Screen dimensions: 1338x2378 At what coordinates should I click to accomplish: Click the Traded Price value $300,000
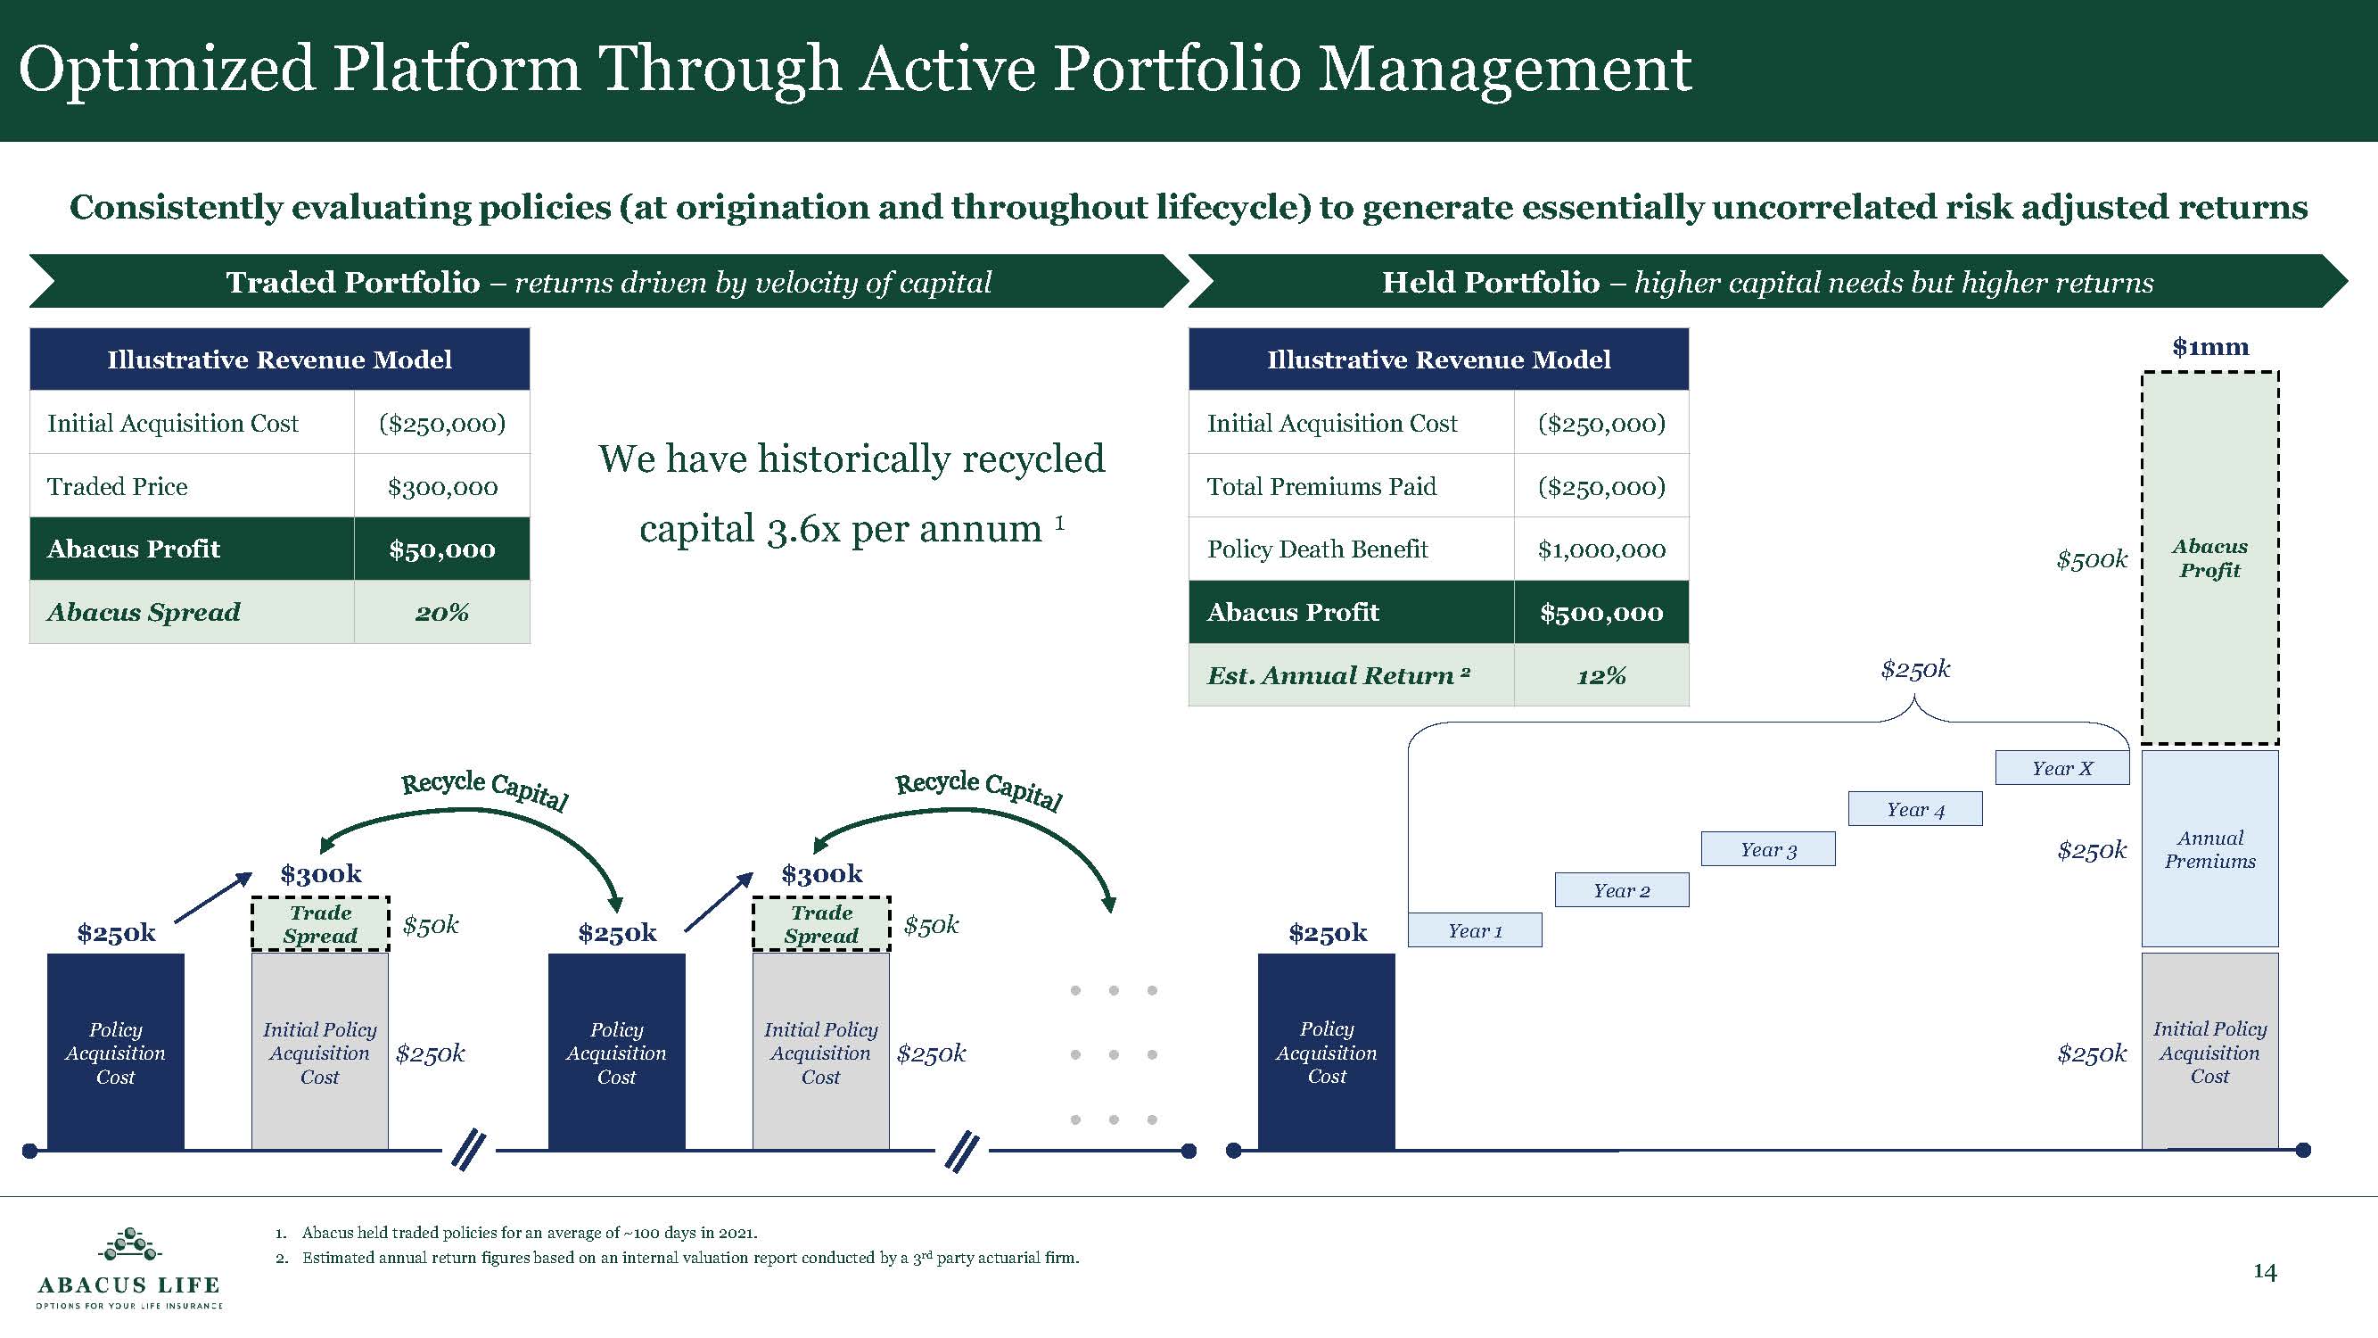click(x=442, y=487)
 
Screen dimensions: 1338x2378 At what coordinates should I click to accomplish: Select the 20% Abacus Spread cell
click(x=442, y=612)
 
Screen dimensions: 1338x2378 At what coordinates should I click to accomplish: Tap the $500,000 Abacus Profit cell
click(x=1600, y=612)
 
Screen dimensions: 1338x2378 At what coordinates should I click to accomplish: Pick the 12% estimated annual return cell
click(x=1600, y=676)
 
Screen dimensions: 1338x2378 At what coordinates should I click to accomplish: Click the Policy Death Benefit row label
click(x=1317, y=549)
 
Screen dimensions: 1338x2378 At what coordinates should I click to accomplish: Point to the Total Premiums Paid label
click(x=1321, y=487)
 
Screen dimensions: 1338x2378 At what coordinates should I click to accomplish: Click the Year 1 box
click(x=1474, y=930)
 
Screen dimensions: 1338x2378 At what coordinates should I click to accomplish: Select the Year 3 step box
click(x=1768, y=849)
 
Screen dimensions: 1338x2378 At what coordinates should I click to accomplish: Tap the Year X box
click(x=2061, y=768)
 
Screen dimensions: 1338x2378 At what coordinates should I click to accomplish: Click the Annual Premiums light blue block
click(x=2209, y=849)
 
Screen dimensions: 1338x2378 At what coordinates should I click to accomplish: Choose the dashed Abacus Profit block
click(x=2209, y=558)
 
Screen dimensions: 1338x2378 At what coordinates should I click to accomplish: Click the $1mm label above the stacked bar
click(x=2209, y=347)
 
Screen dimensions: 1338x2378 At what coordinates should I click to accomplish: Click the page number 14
click(x=2265, y=1271)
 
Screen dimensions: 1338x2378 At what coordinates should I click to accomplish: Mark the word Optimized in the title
click(x=167, y=70)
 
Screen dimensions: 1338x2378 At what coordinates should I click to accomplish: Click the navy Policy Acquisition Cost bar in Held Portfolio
click(x=1326, y=1053)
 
